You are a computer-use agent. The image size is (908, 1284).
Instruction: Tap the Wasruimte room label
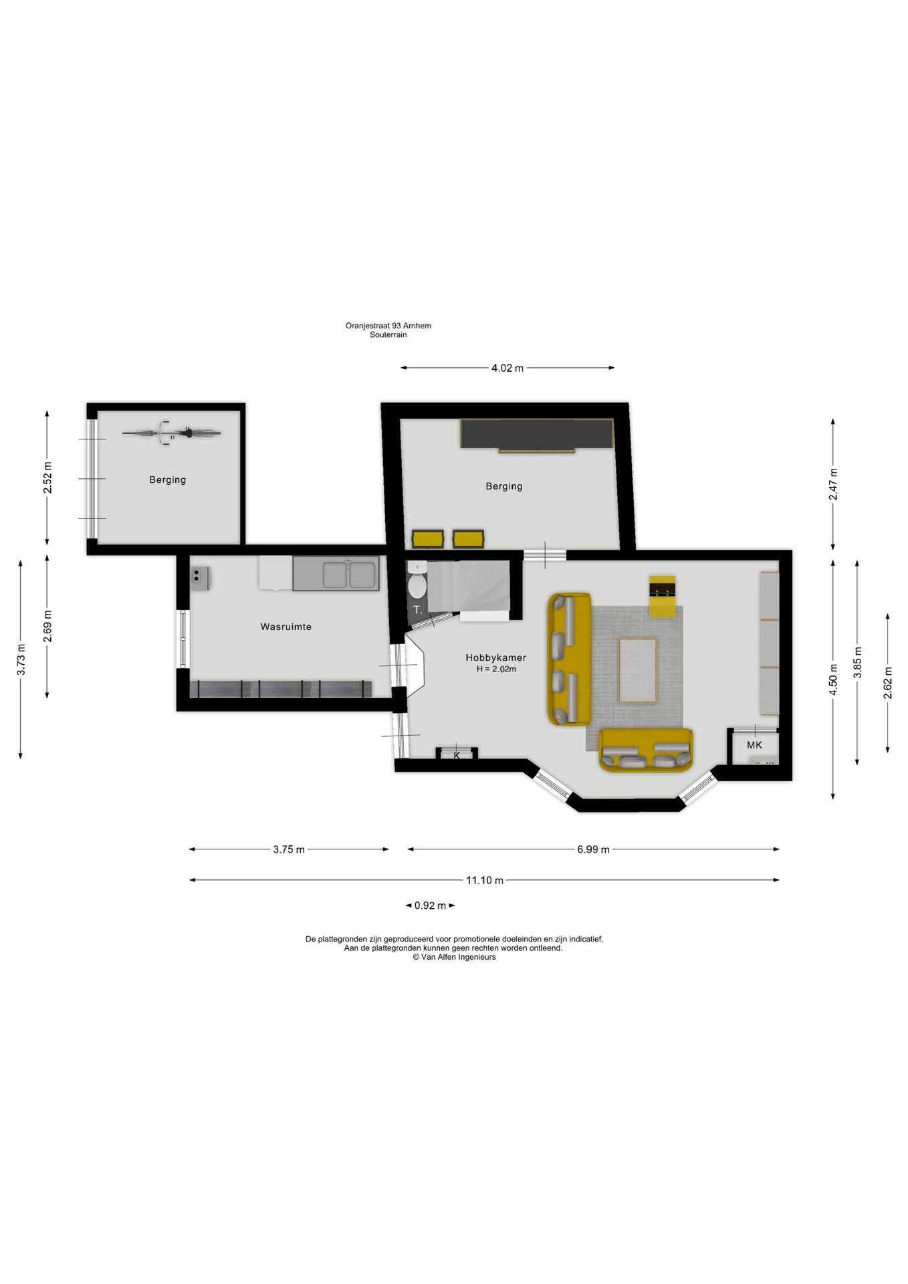286,627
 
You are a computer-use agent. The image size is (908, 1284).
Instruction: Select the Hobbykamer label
496,658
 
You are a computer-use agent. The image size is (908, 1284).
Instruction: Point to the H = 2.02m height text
496,669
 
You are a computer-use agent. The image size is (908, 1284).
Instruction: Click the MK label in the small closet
754,745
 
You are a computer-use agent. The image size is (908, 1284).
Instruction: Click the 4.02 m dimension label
507,368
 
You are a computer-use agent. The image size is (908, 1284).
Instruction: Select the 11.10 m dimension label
485,880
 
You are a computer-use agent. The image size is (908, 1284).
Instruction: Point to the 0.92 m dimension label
430,905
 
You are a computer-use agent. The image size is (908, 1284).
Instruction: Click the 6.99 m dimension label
593,849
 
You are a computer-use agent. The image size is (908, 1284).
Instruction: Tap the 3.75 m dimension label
289,849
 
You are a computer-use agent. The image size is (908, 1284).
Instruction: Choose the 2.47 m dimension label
833,484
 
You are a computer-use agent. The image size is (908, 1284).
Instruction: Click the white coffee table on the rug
637,670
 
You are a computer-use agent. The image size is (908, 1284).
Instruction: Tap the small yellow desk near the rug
662,596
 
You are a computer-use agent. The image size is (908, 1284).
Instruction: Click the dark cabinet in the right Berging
536,435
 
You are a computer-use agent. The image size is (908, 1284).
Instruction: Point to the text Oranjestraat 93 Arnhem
388,326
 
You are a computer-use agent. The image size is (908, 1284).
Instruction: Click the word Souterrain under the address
388,334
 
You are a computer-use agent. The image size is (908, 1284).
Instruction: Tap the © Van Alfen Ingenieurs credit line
454,957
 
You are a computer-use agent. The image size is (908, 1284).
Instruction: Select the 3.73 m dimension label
21,659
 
